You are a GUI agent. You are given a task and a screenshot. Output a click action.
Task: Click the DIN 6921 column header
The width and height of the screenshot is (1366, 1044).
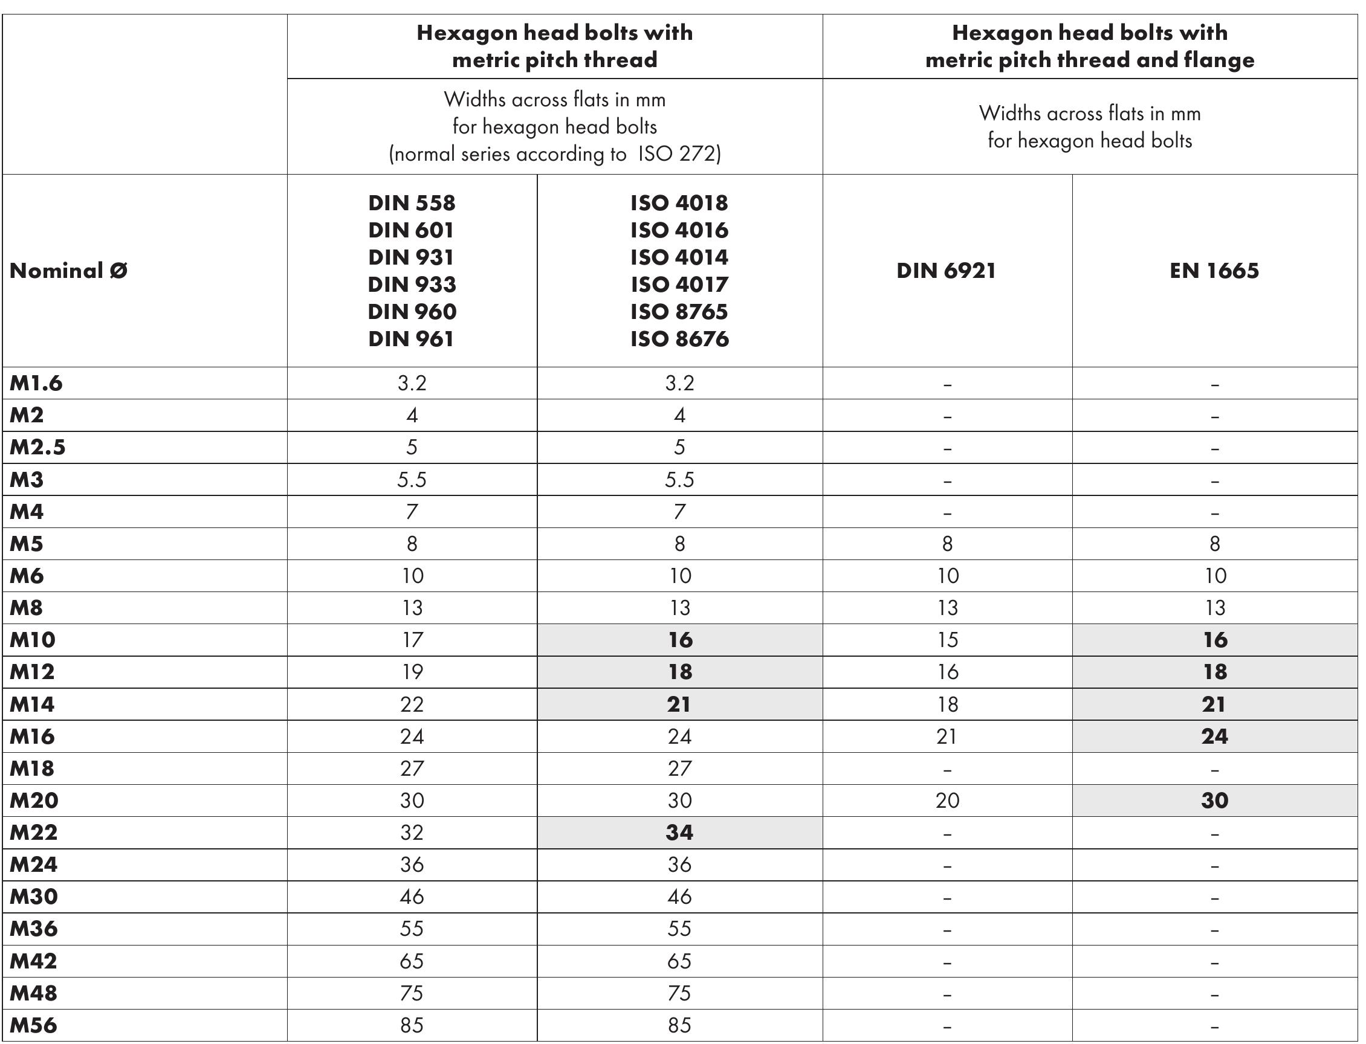946,271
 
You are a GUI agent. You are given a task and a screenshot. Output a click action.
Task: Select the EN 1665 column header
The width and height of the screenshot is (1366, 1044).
1214,271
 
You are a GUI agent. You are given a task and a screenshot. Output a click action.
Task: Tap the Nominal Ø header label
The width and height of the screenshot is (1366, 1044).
68,271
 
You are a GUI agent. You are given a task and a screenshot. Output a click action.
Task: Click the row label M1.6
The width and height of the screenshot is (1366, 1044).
36,384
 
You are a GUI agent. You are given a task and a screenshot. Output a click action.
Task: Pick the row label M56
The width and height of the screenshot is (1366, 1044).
34,1025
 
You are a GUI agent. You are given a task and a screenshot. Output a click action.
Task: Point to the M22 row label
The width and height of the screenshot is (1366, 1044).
34,833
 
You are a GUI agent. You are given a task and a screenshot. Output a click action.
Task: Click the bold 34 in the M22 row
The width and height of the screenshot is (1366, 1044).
679,833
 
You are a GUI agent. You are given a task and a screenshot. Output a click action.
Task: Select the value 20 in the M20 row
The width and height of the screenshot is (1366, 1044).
947,801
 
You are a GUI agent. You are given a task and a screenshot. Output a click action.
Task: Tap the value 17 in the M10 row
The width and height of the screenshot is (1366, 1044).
412,640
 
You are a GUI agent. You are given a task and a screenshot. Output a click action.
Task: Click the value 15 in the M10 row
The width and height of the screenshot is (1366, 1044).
947,640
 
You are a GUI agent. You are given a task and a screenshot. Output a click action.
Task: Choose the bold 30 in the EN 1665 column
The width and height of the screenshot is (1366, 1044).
1214,801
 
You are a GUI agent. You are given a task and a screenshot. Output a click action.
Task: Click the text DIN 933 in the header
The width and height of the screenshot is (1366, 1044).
412,285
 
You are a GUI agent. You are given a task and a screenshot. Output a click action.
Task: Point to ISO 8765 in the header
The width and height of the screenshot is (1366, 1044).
679,312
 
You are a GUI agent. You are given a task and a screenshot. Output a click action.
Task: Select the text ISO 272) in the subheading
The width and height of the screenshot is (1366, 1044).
679,154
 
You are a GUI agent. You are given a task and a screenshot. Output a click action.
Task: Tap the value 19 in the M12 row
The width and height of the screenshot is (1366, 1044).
412,672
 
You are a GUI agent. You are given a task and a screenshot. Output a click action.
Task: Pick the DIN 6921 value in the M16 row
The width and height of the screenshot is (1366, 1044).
947,736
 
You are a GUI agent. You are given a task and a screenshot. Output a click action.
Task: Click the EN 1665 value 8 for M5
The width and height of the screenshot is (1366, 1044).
1214,544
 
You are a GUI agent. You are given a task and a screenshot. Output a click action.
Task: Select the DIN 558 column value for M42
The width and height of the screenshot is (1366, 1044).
412,961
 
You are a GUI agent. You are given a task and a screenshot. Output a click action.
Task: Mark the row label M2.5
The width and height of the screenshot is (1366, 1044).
37,448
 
